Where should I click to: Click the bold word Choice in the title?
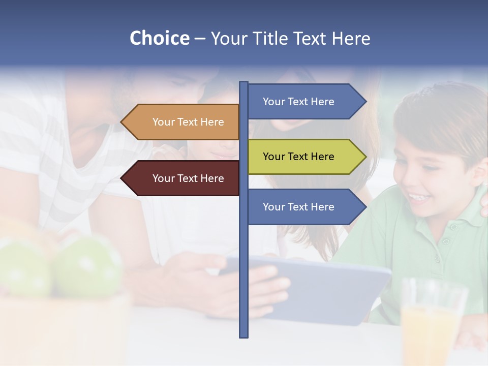(159, 38)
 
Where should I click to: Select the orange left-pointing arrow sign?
(183, 122)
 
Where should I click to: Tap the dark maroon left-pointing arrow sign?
(183, 178)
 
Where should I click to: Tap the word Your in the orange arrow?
(163, 122)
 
